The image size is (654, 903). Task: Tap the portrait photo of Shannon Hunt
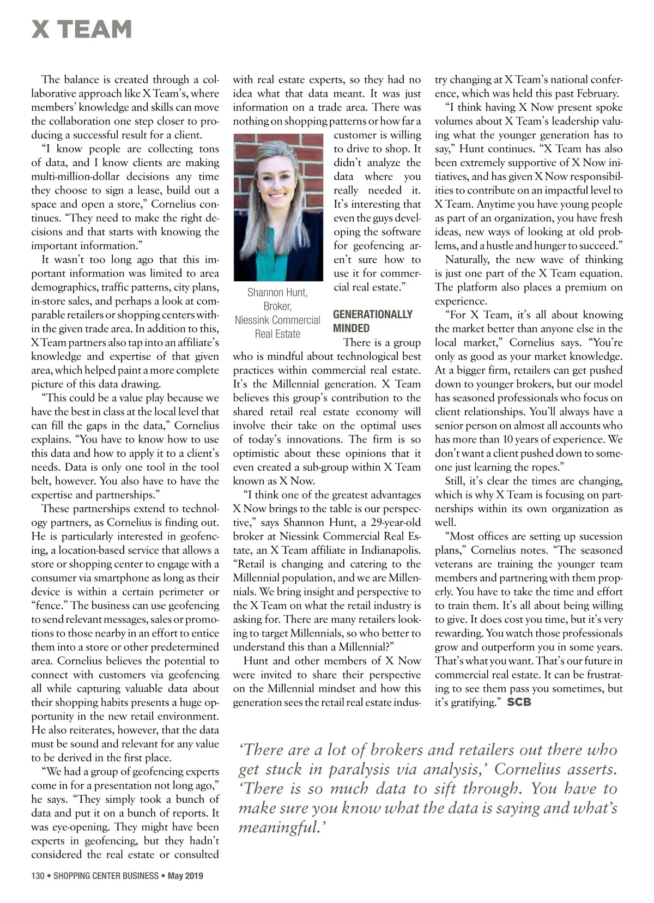pos(278,207)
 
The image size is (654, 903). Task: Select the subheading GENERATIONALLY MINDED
pos(372,321)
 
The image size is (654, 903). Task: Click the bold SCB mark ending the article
pos(519,702)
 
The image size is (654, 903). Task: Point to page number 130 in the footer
pos(38,876)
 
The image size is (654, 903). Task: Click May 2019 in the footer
pos(185,876)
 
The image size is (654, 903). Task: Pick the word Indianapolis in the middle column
pos(391,550)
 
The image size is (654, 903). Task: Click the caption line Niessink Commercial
pos(277,320)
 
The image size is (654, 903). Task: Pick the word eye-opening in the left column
pos(76,827)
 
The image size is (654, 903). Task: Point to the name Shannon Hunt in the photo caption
pos(277,292)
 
